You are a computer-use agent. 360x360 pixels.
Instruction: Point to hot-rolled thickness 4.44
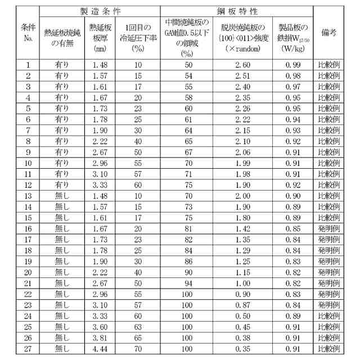(102, 349)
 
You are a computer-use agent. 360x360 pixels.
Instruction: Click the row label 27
(28, 349)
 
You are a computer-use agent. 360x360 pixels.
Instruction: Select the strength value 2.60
(242, 65)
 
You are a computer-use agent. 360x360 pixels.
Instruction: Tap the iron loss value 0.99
(293, 65)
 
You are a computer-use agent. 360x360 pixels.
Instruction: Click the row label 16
(28, 229)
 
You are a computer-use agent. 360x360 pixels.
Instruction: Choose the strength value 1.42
(242, 229)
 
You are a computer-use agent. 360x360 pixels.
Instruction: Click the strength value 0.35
(242, 349)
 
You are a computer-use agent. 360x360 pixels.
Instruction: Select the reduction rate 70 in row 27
(138, 349)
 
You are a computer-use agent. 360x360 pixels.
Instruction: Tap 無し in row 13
(62, 196)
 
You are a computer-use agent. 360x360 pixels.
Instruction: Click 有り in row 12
(62, 185)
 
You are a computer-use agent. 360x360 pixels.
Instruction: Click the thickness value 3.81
(102, 338)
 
